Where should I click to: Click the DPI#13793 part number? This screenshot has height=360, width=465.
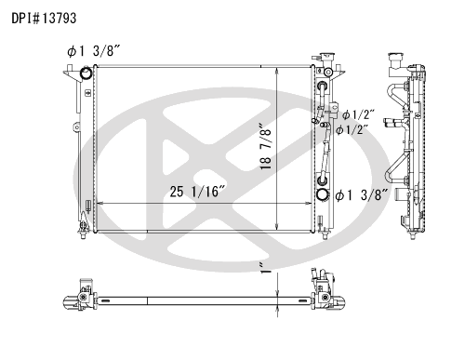click(44, 19)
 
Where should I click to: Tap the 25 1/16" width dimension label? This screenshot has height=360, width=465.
click(197, 192)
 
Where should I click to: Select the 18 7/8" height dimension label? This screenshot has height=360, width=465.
click(266, 147)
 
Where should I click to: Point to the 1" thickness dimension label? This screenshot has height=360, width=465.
click(265, 268)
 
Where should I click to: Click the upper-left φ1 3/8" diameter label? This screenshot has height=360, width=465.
click(93, 51)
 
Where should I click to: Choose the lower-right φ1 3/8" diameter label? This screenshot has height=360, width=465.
click(362, 195)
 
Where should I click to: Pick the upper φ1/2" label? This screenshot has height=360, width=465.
click(358, 114)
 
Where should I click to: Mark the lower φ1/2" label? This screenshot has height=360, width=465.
click(352, 129)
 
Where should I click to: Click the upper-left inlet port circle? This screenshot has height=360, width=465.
click(86, 73)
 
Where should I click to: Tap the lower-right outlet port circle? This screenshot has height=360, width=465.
click(323, 194)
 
